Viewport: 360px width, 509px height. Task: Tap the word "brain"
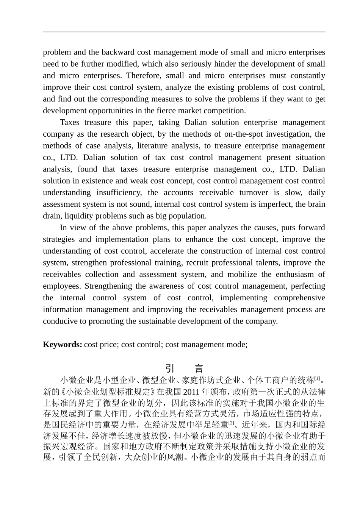(316, 205)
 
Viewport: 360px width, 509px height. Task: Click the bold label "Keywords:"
(63, 345)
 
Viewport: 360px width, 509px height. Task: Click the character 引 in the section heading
(170, 368)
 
